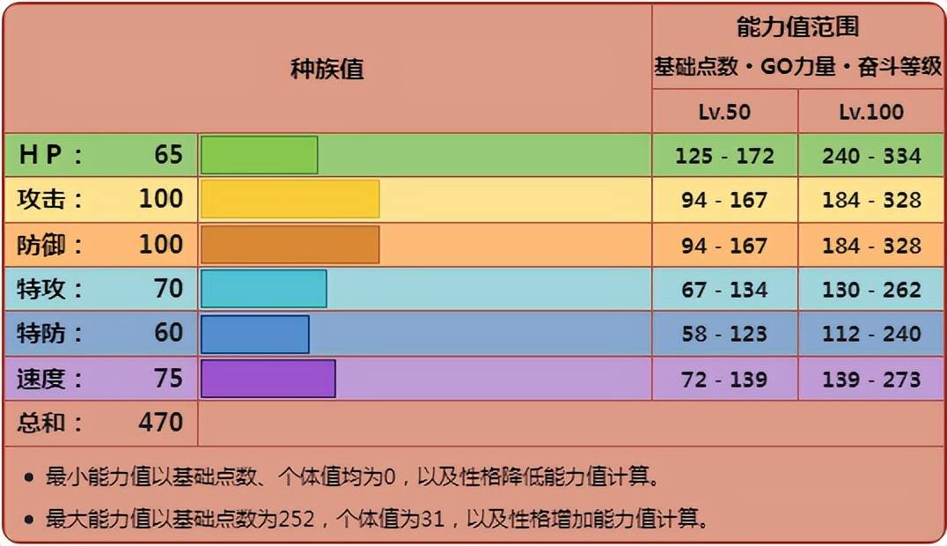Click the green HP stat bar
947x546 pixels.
259,155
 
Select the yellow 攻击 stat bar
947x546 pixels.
290,199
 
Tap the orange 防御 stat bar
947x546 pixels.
290,245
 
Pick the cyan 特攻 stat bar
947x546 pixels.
263,289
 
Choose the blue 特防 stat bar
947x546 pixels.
254,334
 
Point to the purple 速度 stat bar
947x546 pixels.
268,379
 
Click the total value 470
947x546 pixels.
160,423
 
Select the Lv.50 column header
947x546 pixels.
724,112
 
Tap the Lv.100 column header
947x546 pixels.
871,112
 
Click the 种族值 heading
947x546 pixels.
327,69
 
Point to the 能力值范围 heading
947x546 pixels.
797,28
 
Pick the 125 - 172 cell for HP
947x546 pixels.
724,156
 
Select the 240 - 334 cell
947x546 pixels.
871,156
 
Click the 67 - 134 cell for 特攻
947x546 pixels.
724,290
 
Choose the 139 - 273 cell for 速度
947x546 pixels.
871,380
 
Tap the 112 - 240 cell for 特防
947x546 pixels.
871,334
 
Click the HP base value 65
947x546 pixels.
168,155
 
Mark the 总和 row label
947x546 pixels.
49,423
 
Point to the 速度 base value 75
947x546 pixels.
168,379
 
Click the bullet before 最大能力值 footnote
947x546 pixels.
29,520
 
